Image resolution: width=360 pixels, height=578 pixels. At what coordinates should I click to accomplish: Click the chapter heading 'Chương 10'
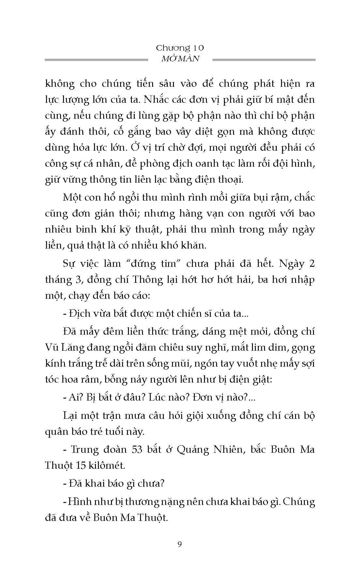tap(180, 48)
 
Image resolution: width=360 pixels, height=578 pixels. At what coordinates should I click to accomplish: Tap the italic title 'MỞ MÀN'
tap(180, 59)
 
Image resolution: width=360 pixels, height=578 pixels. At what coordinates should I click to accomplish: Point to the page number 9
tap(180, 544)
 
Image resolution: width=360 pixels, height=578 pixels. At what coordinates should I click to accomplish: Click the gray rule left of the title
tap(96, 60)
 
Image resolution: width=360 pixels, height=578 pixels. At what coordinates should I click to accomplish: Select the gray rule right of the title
tap(264, 60)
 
